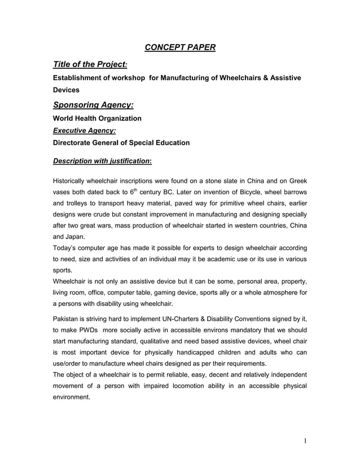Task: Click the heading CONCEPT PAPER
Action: pos(180,47)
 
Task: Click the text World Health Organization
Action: pos(97,118)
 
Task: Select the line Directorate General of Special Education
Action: pos(121,143)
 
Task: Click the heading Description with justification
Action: pos(102,160)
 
